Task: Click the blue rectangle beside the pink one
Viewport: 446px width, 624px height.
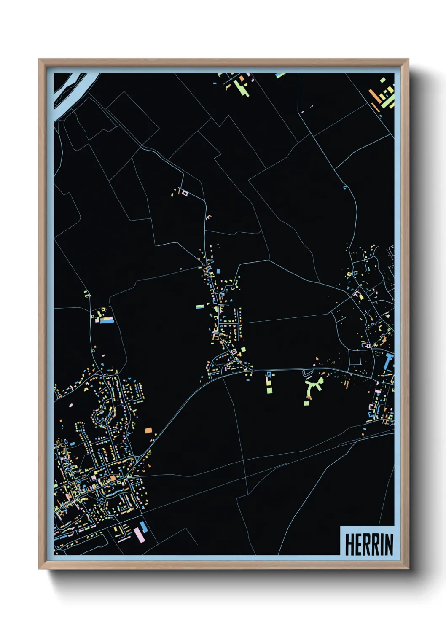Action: click(x=144, y=527)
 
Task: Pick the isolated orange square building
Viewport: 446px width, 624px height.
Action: click(x=148, y=430)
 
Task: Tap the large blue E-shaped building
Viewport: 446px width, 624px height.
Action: click(x=388, y=363)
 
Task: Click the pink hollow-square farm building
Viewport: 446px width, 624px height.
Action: click(x=184, y=193)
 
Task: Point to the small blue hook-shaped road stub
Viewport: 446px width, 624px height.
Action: click(x=346, y=187)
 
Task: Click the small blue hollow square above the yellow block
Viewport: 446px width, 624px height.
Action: click(x=268, y=374)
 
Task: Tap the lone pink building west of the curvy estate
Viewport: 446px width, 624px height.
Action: click(x=70, y=406)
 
